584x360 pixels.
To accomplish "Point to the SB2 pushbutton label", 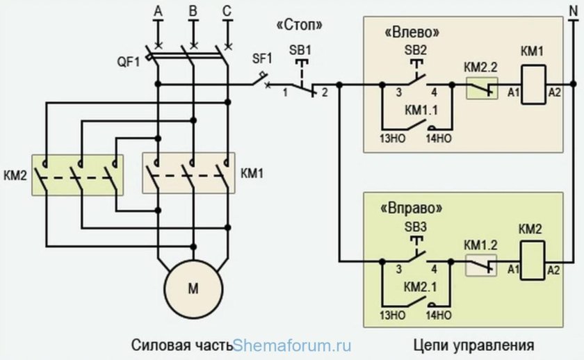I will (x=415, y=50).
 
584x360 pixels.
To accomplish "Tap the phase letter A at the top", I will (x=158, y=11).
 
